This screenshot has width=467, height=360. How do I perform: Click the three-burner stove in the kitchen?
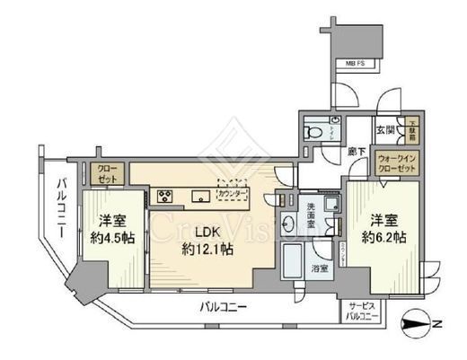[166, 195]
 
